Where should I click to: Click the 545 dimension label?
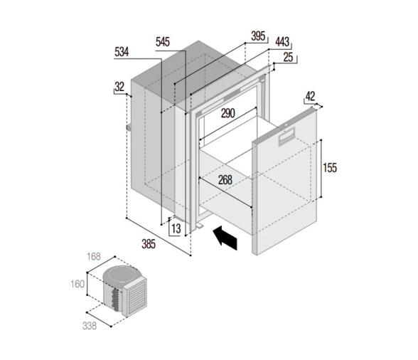(x=163, y=42)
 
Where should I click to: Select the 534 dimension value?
(x=122, y=52)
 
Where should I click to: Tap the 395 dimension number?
(x=258, y=36)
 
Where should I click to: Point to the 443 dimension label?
(x=282, y=42)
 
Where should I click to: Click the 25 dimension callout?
(x=288, y=57)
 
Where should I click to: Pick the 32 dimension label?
(x=119, y=87)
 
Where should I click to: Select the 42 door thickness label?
(x=310, y=96)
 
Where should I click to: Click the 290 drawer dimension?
(x=228, y=113)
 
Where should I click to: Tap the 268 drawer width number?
(x=225, y=180)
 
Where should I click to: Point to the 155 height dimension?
(x=330, y=168)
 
